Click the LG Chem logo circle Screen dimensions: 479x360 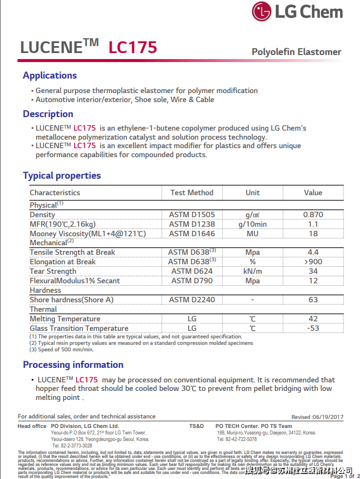tap(262, 12)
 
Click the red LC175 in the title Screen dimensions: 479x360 tap(133, 47)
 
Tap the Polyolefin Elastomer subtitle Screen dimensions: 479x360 tap(296, 52)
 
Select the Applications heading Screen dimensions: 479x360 tap(50, 76)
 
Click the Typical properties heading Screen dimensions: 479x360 tap(62, 176)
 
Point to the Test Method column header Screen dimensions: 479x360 tap(192, 193)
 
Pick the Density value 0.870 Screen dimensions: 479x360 tap(313, 215)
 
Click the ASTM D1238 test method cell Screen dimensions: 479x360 tap(192, 224)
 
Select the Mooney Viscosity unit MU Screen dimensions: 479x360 tap(252, 234)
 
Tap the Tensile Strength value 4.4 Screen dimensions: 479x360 tap(313, 252)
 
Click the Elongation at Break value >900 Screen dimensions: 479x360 tap(313, 262)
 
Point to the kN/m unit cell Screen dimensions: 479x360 tap(252, 271)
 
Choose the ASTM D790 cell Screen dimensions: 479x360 tap(192, 281)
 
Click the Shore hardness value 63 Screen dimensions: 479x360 tap(313, 300)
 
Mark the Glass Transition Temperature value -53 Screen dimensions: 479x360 tap(313, 328)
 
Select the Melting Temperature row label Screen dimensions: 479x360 tap(65, 319)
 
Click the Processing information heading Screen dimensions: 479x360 tap(73, 365)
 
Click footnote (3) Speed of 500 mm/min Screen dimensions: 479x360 tap(62, 350)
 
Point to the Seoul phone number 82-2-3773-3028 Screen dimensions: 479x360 tap(73, 445)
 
